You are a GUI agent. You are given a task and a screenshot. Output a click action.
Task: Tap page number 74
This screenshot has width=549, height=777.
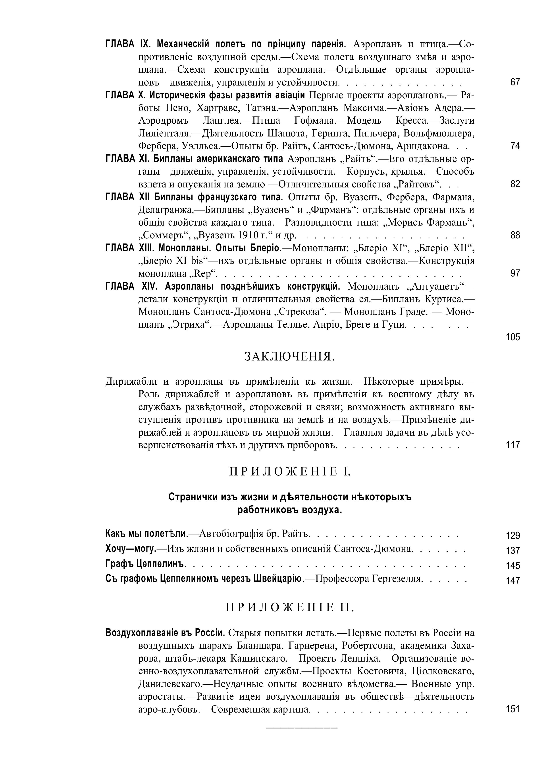[x=515, y=146]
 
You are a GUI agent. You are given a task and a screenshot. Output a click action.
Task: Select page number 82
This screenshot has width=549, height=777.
[x=515, y=184]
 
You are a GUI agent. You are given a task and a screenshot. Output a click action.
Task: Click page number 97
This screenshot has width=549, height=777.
[x=515, y=273]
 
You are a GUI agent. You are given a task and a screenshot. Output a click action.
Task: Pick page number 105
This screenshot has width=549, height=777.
[x=513, y=337]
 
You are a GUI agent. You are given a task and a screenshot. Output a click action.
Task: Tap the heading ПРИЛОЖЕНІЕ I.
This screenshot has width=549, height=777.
[x=290, y=471]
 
